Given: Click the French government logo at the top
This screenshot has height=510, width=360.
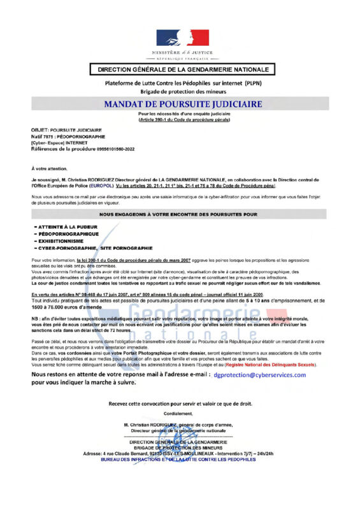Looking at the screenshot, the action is pyautogui.click(x=180, y=38).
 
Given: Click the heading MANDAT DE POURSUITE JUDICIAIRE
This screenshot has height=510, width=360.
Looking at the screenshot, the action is pyautogui.click(x=180, y=103).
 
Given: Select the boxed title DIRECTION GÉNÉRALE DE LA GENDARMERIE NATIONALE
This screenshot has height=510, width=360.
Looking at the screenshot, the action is pyautogui.click(x=180, y=69).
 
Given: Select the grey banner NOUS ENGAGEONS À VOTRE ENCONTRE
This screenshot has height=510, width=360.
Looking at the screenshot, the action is pyautogui.click(x=180, y=215).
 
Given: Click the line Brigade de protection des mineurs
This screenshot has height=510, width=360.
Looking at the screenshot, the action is pyautogui.click(x=180, y=91).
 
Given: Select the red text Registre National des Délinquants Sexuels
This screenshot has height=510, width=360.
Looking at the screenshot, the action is pyautogui.click(x=280, y=365).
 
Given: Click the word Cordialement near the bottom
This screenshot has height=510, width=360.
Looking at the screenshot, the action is pyautogui.click(x=180, y=413).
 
